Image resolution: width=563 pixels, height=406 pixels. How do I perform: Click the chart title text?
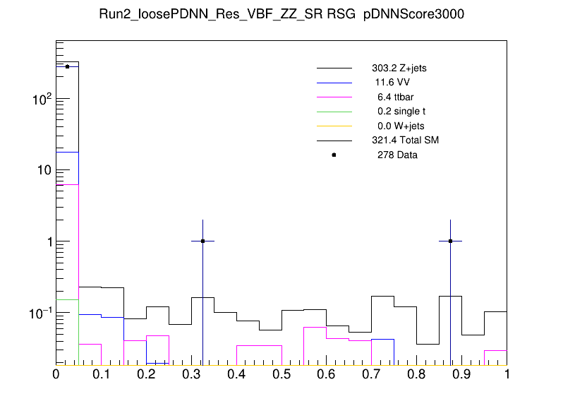[x=281, y=16]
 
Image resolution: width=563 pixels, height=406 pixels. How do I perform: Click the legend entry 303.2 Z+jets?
[x=399, y=68]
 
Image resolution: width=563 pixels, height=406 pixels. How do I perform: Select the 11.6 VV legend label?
[x=392, y=83]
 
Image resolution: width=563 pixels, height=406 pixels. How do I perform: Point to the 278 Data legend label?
[x=398, y=155]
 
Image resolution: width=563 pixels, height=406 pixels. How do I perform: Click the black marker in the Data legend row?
[x=334, y=155]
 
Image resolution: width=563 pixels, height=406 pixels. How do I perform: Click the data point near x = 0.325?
[x=202, y=241]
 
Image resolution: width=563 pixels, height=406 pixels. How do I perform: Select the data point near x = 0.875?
[x=450, y=241]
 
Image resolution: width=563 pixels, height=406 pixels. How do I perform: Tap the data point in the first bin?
[x=67, y=66]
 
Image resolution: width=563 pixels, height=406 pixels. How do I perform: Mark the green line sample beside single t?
[x=334, y=112]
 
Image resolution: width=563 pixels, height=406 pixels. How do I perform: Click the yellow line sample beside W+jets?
[x=334, y=126]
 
